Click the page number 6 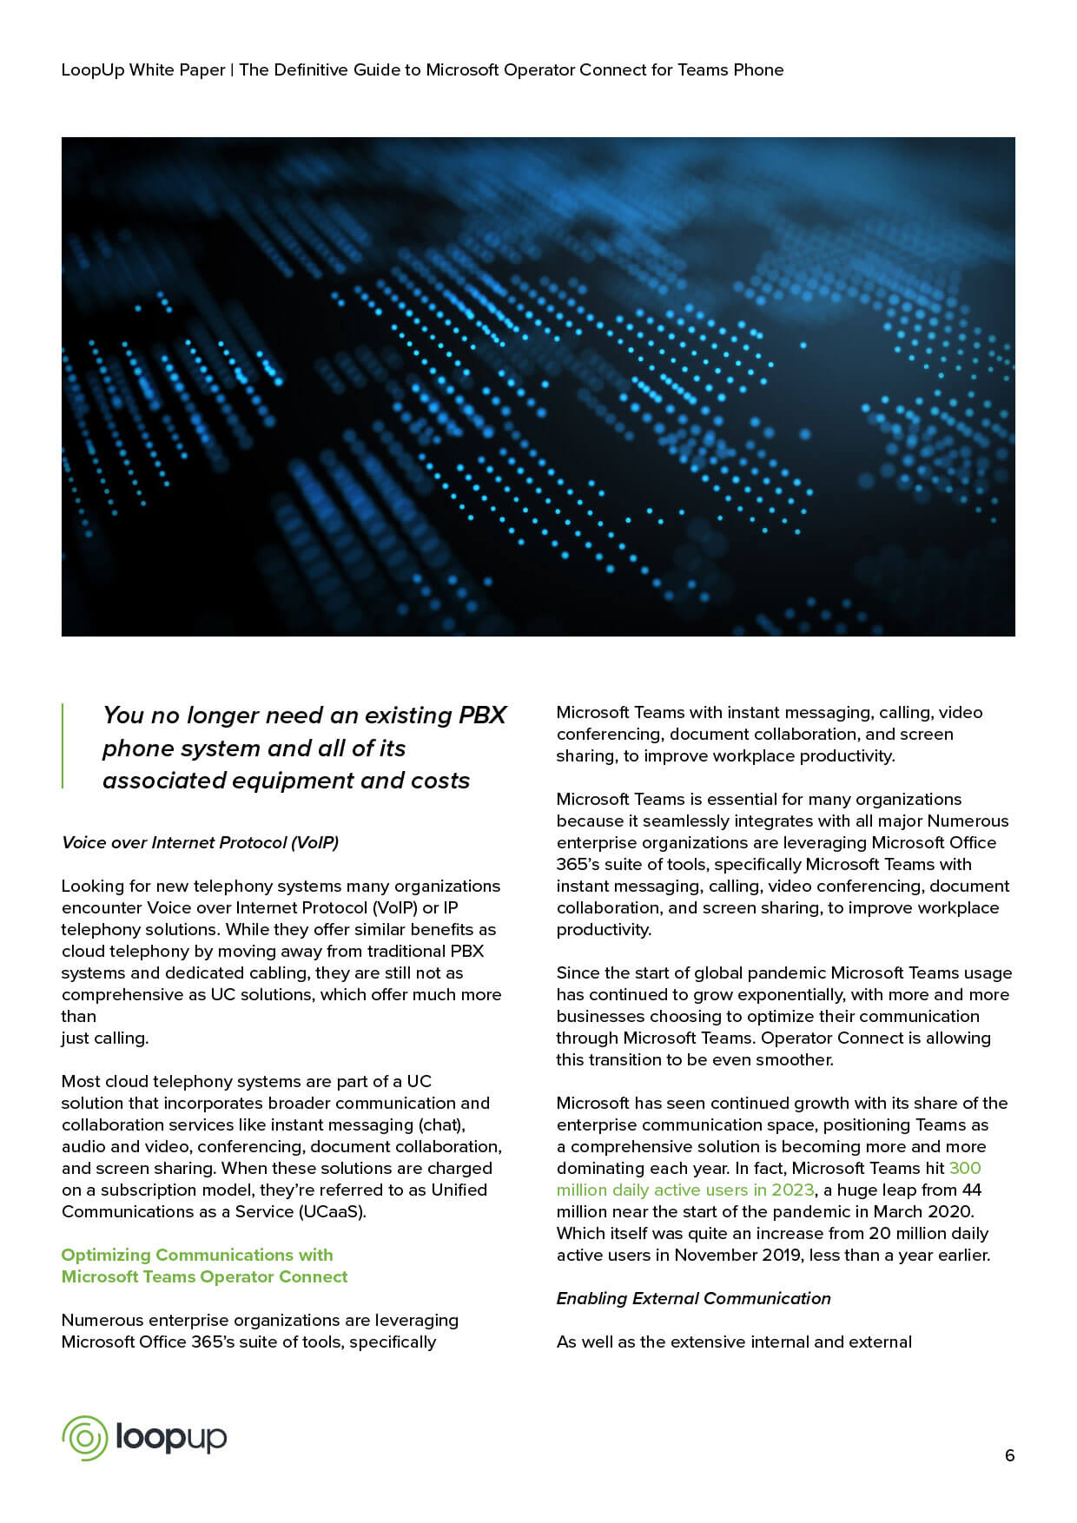point(1009,1455)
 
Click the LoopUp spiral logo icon point(84,1438)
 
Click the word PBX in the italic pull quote point(482,715)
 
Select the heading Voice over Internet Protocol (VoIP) point(200,842)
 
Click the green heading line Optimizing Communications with point(197,1255)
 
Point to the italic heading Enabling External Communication point(693,1298)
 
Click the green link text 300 point(965,1168)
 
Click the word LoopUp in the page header point(93,69)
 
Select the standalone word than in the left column point(78,1016)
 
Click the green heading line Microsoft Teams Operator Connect point(204,1276)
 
